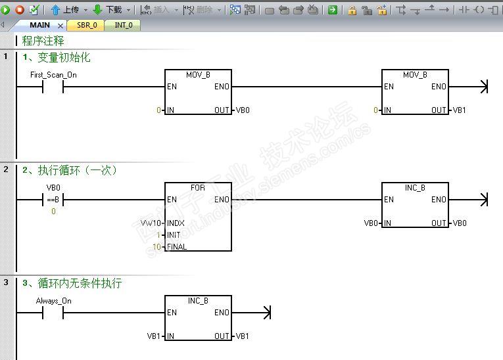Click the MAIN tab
pos(39,25)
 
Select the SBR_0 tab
pos(87,25)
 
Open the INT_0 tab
pos(123,25)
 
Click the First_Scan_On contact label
pos(53,75)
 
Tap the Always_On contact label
pos(53,301)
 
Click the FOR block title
pos(198,188)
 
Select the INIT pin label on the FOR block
pos(174,235)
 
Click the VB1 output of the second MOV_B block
pos(460,110)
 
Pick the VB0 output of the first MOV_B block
pos(243,110)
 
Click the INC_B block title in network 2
pos(415,188)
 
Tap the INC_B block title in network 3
pos(198,301)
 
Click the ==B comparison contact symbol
pos(53,200)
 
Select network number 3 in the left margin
pos(6,282)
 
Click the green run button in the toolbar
pos(6,10)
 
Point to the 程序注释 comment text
pos(43,41)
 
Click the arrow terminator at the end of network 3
pos(266,313)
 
